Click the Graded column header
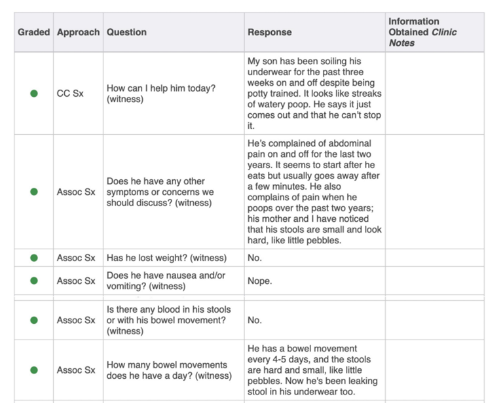pos(33,32)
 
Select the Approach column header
pos(78,32)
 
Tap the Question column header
pos(126,32)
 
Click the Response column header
pos(269,32)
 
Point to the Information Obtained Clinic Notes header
pos(422,32)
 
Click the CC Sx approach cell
pos(70,94)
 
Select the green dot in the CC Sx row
pos(34,94)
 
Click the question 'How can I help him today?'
pos(160,94)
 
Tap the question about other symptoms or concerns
pos(160,192)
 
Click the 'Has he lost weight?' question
pos(166,258)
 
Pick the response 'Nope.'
pos(259,281)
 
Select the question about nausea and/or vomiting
pos(166,281)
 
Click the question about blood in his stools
pos(168,320)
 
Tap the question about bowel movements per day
pos(168,370)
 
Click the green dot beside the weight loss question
pos(34,258)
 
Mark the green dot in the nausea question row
pos(34,281)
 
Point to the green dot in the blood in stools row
pos(34,320)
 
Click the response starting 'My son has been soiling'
pos(314,94)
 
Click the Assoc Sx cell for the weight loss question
pos(76,258)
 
